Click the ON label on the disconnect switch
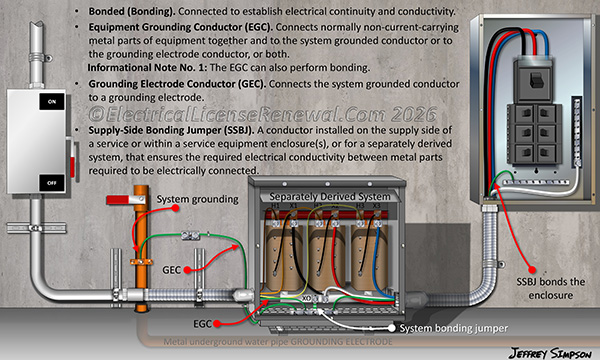pos(46,102)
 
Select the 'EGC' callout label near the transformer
pos(202,324)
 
